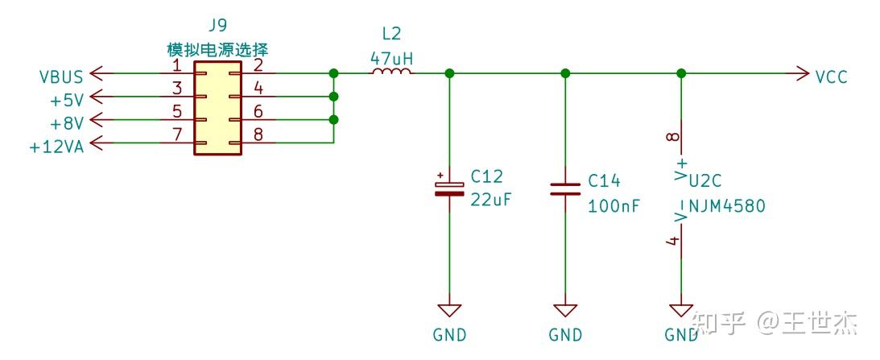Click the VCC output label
pos(831,77)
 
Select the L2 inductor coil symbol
pos(391,72)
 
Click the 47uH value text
pos(391,57)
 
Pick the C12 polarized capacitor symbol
pos(449,187)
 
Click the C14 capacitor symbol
pos(565,189)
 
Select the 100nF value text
pos(614,205)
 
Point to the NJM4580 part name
pos(726,206)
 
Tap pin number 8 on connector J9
pos(258,134)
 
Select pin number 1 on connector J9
pos(176,64)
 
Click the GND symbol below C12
pos(449,311)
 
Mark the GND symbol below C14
pos(565,311)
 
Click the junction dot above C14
pos(565,73)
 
